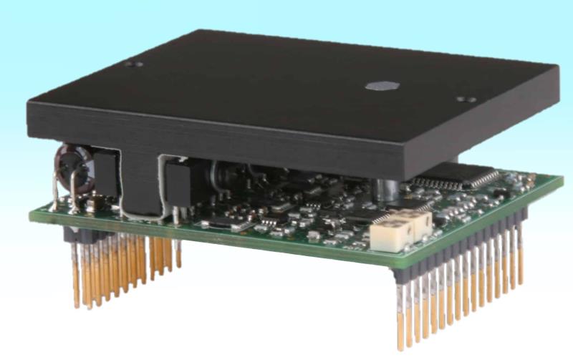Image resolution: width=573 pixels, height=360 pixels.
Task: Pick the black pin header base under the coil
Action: [82, 232]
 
